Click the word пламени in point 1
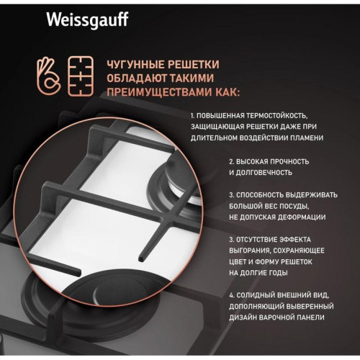(x=303, y=136)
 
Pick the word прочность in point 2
(x=292, y=162)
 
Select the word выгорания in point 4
(x=256, y=250)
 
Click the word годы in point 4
(x=277, y=272)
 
